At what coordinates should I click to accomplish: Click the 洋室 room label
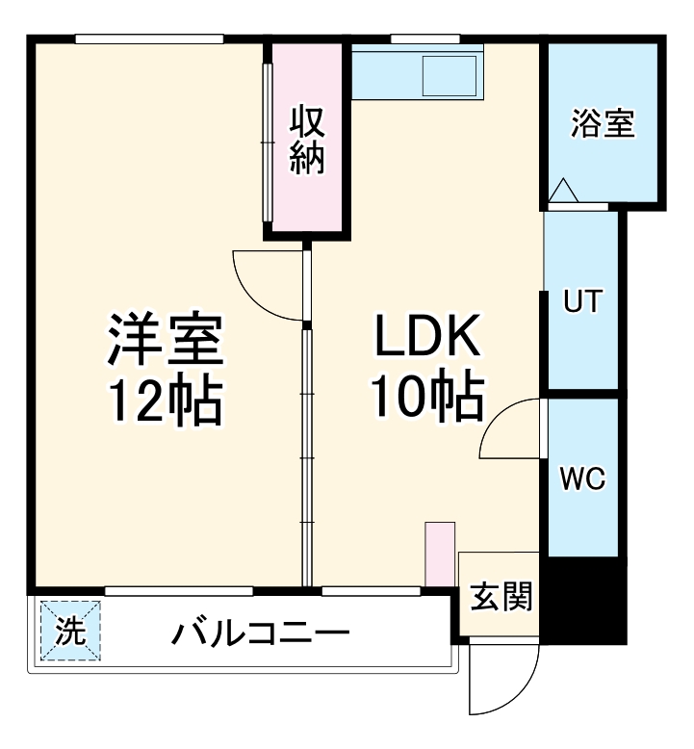[165, 339]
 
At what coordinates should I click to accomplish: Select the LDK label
[426, 339]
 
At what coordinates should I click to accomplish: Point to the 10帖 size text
[426, 397]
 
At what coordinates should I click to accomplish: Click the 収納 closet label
[307, 140]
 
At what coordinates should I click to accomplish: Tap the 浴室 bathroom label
[603, 124]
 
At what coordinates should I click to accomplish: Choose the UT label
[582, 301]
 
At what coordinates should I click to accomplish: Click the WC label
[582, 478]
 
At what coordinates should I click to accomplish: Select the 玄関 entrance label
[501, 597]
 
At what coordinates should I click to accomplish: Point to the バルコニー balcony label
[261, 634]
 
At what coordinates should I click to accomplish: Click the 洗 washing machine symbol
[70, 632]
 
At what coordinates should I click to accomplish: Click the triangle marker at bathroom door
[563, 192]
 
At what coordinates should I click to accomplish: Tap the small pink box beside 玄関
[440, 554]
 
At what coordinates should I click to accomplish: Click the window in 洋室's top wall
[149, 39]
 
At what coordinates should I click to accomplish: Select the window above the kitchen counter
[411, 39]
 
